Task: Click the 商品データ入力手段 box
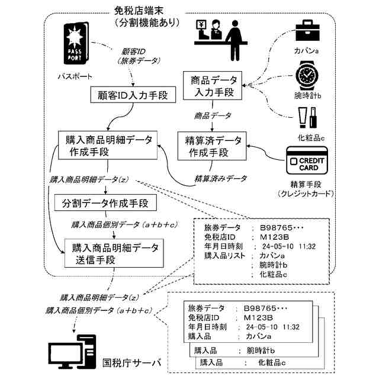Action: tap(211, 86)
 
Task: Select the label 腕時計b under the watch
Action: tap(307, 95)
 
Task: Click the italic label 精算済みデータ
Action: tap(221, 177)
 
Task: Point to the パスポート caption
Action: tap(76, 77)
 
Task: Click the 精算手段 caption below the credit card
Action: tap(306, 184)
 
